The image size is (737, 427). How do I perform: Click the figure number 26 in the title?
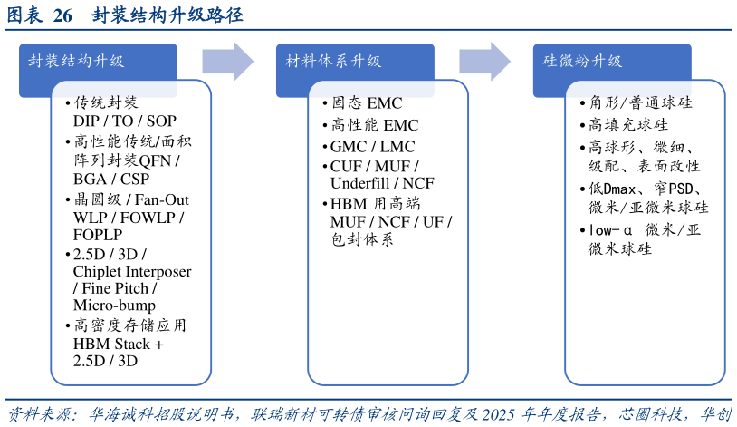click(x=62, y=15)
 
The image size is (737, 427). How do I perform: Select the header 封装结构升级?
click(x=76, y=62)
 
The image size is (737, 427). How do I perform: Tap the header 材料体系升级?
click(x=333, y=62)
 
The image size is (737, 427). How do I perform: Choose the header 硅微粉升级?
click(x=582, y=62)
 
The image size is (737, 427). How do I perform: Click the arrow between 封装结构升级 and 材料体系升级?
click(x=228, y=62)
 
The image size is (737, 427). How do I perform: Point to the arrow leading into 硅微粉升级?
click(x=485, y=62)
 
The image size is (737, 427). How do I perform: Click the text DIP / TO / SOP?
click(x=125, y=121)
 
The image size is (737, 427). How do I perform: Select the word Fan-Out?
click(x=162, y=199)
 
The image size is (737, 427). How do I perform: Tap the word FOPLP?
click(x=98, y=235)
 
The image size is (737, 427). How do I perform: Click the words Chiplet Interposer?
click(x=132, y=272)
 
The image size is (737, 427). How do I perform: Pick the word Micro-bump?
click(x=114, y=306)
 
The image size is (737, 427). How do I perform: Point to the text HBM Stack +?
click(x=119, y=345)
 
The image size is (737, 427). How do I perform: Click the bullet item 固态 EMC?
click(x=363, y=103)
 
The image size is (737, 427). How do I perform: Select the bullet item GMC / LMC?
click(x=369, y=147)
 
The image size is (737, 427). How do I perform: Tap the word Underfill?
click(x=360, y=183)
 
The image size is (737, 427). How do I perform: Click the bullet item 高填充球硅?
click(x=624, y=125)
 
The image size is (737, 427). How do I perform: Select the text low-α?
click(x=610, y=230)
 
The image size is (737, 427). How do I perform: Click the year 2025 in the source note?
click(x=499, y=414)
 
